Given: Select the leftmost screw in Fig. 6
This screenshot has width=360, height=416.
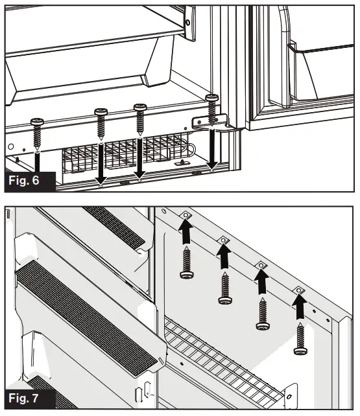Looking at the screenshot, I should [37, 132].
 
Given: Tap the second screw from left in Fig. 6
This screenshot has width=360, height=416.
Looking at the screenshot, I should [101, 121].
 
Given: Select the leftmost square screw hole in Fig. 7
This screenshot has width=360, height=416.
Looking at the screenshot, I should [185, 215].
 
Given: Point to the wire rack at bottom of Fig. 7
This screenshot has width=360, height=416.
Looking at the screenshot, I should [221, 363].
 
